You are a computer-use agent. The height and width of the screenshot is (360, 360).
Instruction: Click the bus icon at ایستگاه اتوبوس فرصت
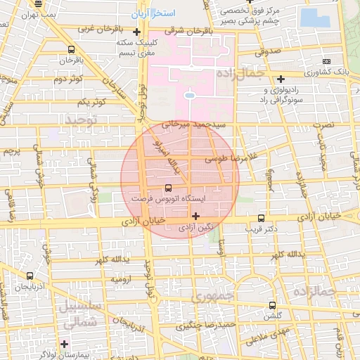click(x=167, y=188)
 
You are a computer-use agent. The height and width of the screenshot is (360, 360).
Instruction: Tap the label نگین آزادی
click(x=195, y=228)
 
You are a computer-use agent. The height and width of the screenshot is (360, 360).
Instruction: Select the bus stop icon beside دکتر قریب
click(x=262, y=218)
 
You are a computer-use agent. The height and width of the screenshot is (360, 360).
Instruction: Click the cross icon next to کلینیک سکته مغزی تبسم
click(x=136, y=32)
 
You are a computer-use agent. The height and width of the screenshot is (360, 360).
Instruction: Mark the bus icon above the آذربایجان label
click(x=30, y=276)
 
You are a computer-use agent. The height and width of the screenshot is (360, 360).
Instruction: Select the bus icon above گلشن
click(x=273, y=305)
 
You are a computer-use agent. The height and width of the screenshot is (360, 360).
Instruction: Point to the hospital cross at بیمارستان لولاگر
click(x=65, y=344)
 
